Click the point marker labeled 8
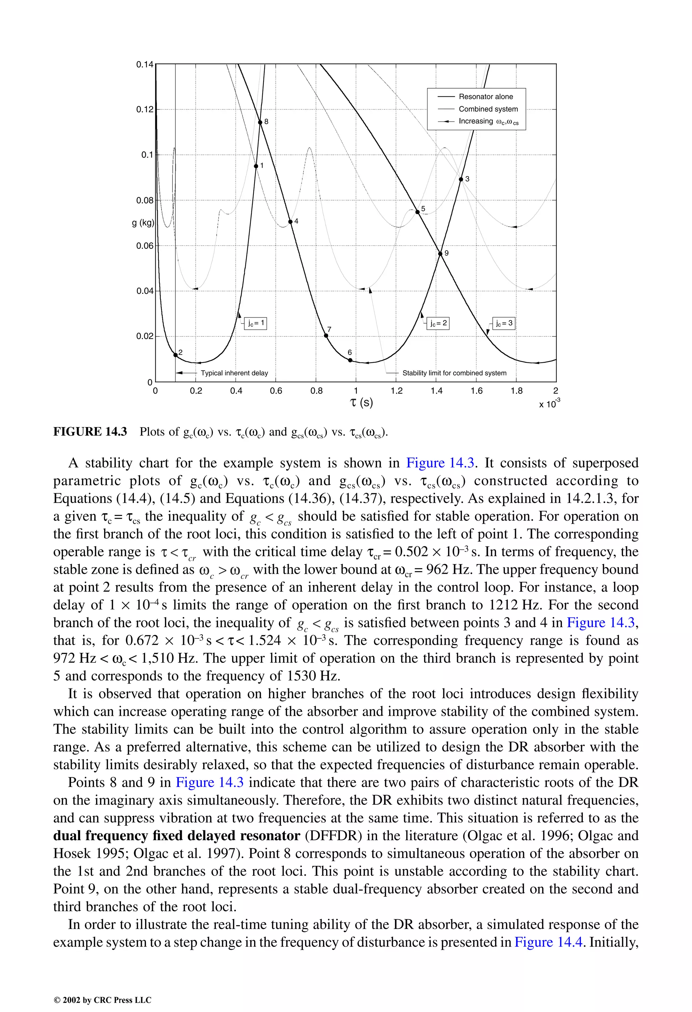coord(260,122)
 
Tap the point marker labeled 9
coord(441,254)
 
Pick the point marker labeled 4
coord(290,222)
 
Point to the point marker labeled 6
coord(350,360)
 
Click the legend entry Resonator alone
coord(485,97)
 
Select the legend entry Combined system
coord(488,109)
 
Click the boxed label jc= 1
coord(255,323)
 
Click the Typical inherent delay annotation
coord(234,373)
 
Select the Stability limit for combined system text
coord(454,373)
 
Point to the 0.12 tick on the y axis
coord(145,109)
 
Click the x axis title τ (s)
coord(361,402)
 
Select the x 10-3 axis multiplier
coord(549,403)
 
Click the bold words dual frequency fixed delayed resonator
coord(177,836)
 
